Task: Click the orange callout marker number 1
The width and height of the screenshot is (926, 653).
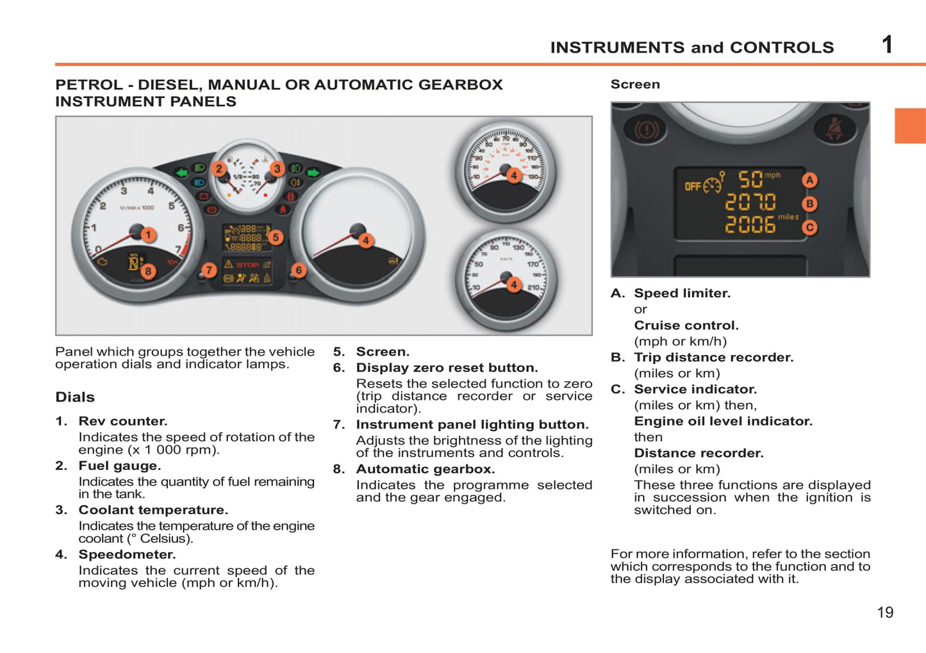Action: [148, 235]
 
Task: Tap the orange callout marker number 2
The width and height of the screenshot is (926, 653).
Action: [219, 169]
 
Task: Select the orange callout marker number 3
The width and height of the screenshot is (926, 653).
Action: [277, 169]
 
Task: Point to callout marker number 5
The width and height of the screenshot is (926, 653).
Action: [276, 237]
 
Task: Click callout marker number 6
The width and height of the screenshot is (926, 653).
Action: [299, 270]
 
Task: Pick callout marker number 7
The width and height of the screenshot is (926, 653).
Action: [209, 270]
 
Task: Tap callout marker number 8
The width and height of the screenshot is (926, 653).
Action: [148, 271]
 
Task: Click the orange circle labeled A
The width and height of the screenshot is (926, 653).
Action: [810, 180]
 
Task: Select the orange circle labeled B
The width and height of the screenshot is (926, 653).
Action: [810, 204]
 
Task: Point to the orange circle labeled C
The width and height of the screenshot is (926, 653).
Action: [810, 227]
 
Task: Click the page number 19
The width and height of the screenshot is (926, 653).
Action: [885, 613]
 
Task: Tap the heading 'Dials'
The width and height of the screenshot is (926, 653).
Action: [75, 397]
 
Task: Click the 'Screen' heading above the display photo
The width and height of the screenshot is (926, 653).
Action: [635, 85]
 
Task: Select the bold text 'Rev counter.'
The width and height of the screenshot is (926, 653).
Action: [123, 421]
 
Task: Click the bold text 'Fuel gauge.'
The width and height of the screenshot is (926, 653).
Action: [120, 466]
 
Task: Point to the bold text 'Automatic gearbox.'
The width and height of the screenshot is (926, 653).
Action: [426, 469]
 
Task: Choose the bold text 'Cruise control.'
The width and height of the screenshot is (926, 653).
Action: [686, 326]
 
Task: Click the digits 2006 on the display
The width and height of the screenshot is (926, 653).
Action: [750, 225]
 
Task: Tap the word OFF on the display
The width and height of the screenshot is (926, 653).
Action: [693, 186]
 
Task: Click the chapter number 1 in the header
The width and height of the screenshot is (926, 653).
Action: [887, 45]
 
